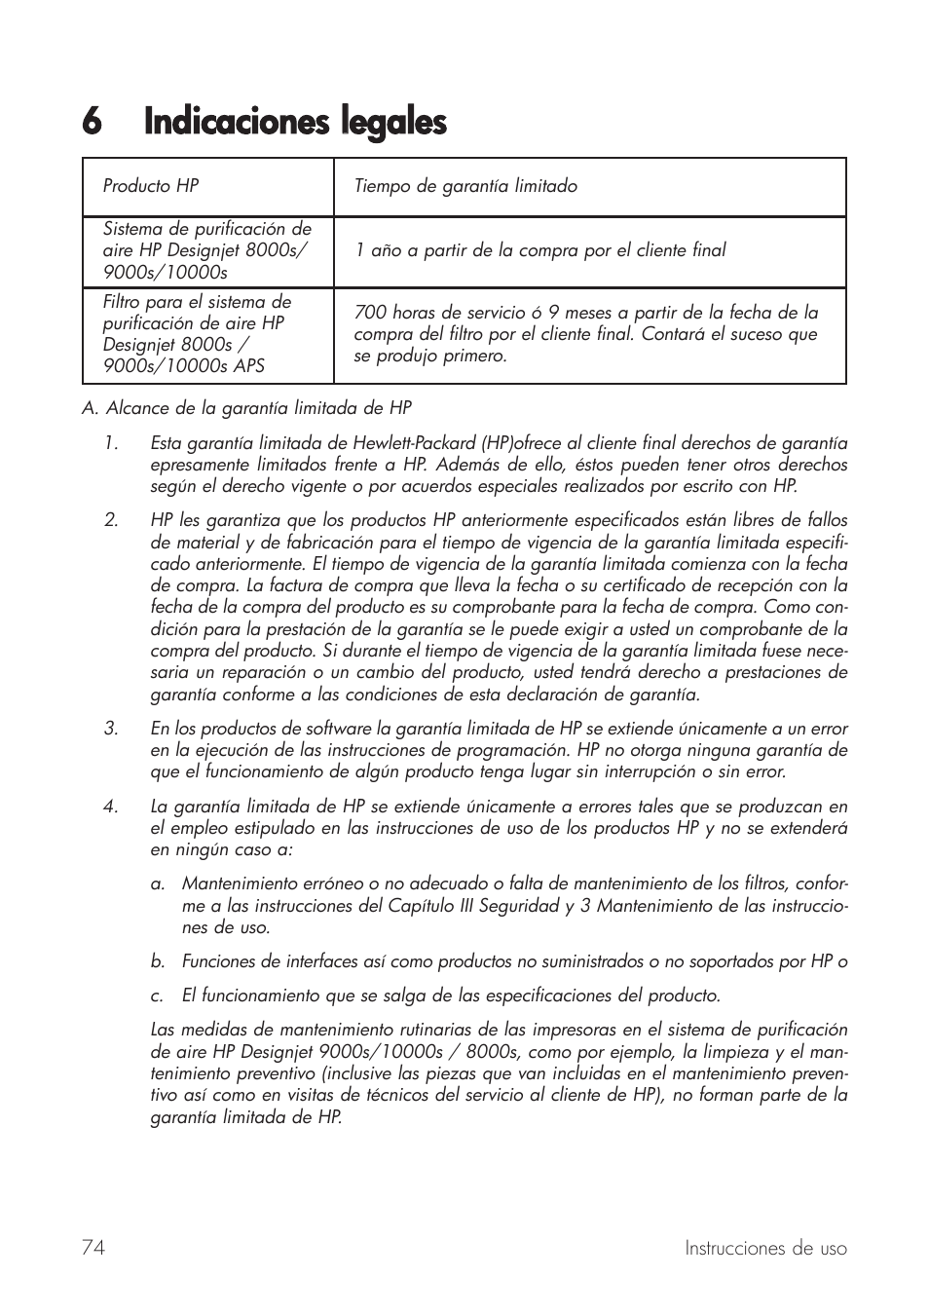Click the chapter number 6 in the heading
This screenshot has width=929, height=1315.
(92, 123)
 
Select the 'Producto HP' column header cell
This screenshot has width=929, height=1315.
(151, 186)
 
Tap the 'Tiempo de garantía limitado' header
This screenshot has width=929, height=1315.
(465, 186)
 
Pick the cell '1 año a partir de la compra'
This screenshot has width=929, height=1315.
(539, 250)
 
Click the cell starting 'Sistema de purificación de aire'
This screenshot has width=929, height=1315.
(206, 250)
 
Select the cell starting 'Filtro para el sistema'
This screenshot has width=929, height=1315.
(197, 334)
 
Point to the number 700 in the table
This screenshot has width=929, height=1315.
(370, 313)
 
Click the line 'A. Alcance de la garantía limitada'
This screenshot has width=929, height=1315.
(246, 408)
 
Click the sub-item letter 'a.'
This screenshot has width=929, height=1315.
(157, 884)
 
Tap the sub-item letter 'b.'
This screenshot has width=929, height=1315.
(157, 962)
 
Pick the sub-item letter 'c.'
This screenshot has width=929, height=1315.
(157, 996)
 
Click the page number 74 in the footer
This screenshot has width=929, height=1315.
(93, 1248)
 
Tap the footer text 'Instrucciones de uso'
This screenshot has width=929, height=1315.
(765, 1249)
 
